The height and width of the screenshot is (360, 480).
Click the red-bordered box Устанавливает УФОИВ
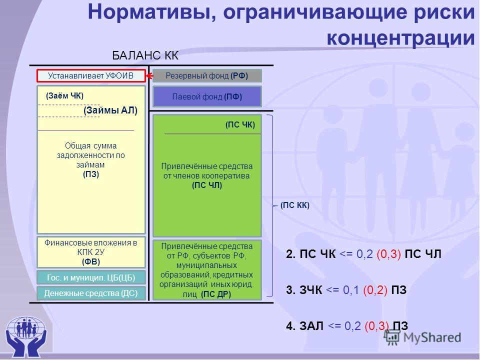[91, 76]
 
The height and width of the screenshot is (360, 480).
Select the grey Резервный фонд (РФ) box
[207, 75]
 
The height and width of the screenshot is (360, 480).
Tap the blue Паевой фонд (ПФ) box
[207, 96]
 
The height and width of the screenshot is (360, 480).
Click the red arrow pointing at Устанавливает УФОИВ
[149, 76]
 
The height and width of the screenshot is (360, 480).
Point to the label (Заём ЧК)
[64, 96]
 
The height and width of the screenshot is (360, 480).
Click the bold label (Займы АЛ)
[110, 110]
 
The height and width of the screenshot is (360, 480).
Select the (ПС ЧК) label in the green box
[240, 124]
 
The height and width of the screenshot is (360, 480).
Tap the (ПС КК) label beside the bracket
[295, 205]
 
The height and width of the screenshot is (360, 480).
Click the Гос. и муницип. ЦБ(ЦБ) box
[91, 277]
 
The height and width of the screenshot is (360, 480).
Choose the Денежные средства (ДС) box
[91, 293]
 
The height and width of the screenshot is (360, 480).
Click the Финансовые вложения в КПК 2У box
[91, 252]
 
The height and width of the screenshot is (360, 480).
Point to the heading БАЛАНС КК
[145, 55]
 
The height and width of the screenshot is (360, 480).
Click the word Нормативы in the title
[152, 12]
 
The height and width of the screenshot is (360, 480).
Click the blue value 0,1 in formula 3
[351, 289]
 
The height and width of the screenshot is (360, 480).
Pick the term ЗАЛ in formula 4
[311, 325]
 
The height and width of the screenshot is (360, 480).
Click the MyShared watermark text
[432, 337]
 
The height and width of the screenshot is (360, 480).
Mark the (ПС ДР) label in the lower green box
[216, 294]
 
